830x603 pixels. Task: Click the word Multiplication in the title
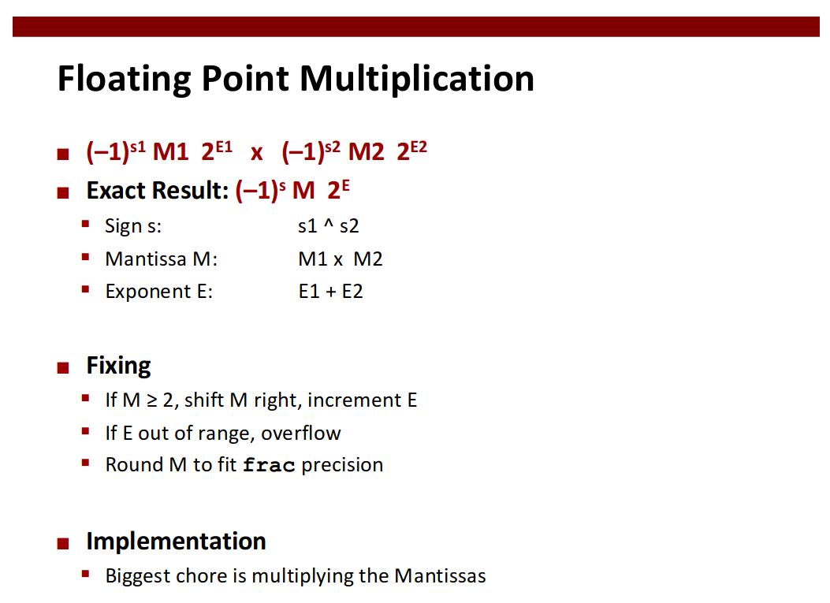pos(417,78)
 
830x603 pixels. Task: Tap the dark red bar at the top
pos(416,27)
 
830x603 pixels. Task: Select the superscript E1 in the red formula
pos(224,147)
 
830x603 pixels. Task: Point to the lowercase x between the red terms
pos(257,153)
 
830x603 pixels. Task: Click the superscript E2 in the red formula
pos(419,147)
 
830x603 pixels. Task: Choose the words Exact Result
pos(157,191)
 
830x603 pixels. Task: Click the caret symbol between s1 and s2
pos(329,224)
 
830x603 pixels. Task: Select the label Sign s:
pos(133,226)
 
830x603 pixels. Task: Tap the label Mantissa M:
pos(162,259)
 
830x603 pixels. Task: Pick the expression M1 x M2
pos(341,259)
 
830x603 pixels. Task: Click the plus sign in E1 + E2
pos(331,292)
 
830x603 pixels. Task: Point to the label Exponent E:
pos(158,292)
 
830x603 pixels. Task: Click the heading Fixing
pos(118,366)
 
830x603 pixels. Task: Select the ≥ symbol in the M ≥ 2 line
pos(152,400)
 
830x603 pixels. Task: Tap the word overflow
pos(300,433)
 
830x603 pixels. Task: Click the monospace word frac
pos(269,465)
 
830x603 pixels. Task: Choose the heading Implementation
pos(177,541)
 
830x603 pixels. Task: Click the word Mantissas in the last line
pos(440,575)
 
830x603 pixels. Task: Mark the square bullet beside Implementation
pos(63,544)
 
